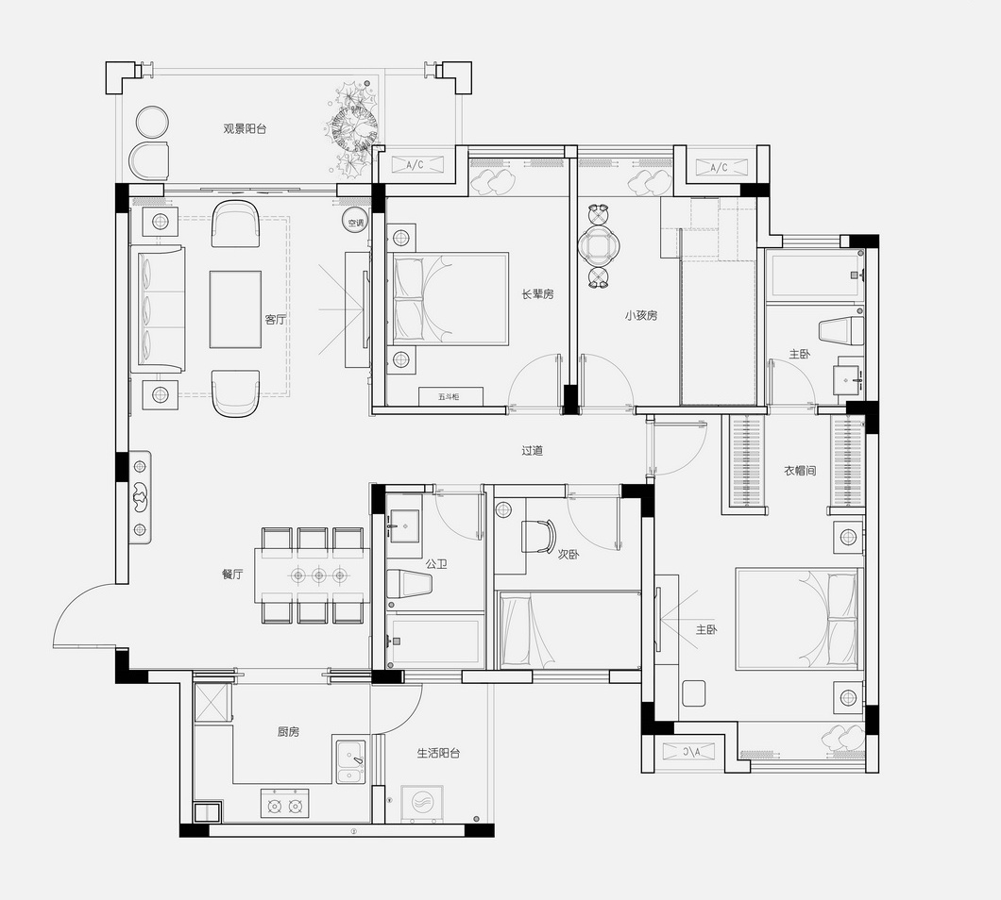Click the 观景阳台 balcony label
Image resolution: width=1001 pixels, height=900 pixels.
point(245,129)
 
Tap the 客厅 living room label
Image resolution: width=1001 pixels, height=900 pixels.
point(275,319)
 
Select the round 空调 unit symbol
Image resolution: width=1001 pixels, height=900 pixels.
point(355,223)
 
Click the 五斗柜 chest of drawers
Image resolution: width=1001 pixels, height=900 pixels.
point(449,396)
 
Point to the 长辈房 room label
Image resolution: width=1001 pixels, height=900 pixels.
point(538,294)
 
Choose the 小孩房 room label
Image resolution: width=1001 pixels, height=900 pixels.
point(641,315)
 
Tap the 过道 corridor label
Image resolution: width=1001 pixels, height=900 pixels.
point(533,450)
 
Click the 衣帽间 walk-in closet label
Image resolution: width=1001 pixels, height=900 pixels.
point(800,471)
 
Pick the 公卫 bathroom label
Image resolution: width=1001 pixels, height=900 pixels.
point(436,564)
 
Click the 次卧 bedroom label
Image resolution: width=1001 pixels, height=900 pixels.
point(568,555)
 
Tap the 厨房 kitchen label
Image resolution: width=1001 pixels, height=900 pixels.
point(288,732)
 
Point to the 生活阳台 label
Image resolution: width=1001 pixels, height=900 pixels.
point(438,753)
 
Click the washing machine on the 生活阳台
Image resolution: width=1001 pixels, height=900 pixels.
point(421,803)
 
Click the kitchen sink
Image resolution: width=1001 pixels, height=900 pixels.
point(350,761)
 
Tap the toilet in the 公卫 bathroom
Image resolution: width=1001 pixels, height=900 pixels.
point(409,583)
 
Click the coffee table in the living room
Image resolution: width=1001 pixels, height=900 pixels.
point(235,310)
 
